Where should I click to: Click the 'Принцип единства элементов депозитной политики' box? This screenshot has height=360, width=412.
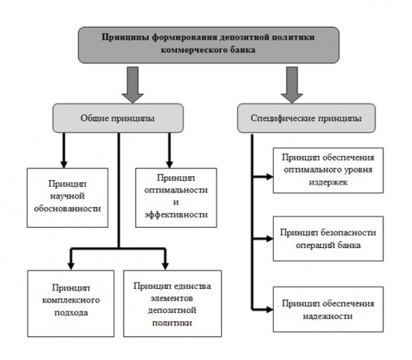(172, 301)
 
